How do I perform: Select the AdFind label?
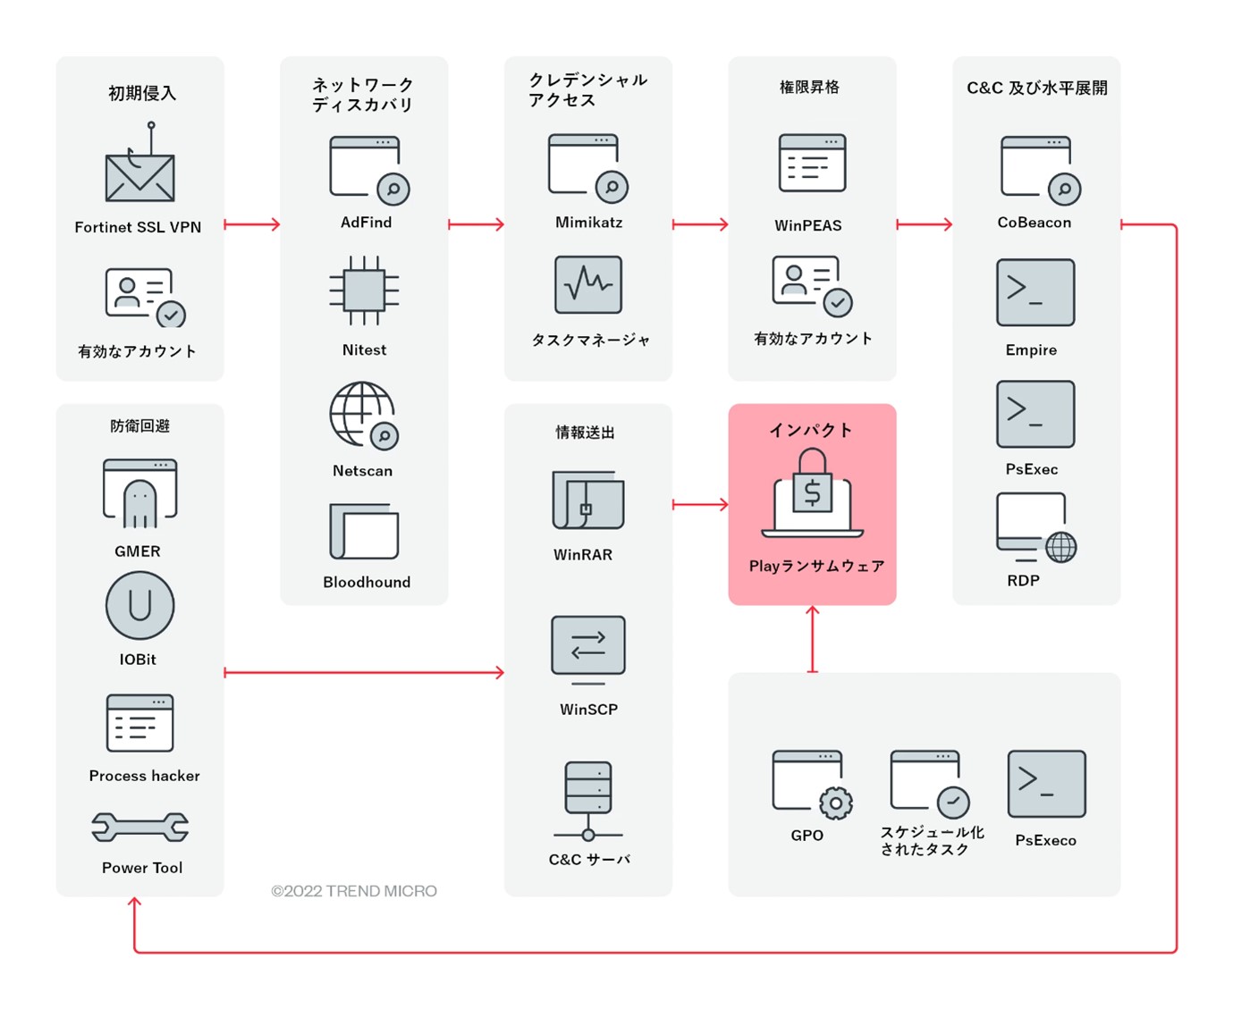point(366,223)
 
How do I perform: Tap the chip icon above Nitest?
point(364,290)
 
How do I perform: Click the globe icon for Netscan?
point(362,414)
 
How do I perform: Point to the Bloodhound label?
point(367,583)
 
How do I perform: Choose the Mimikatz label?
point(588,223)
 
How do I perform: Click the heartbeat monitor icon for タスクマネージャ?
point(588,285)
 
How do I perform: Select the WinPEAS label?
point(808,226)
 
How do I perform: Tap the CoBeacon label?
point(1034,223)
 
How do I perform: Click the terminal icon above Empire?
point(1035,292)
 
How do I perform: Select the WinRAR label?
point(583,555)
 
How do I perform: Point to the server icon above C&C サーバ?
point(588,799)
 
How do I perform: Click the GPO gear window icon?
point(811,784)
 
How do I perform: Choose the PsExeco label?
point(1045,841)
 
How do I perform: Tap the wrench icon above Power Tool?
point(140,828)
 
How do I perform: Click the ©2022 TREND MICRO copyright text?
point(354,891)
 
